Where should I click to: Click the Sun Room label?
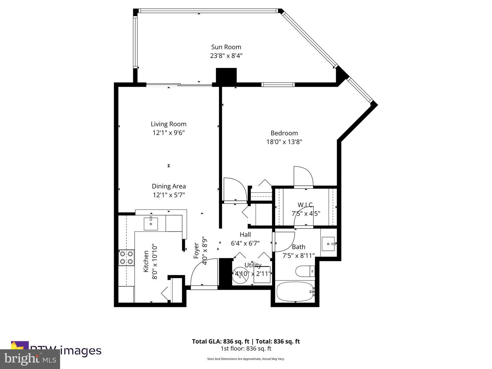[226, 47]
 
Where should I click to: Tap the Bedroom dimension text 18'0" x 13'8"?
[284, 142]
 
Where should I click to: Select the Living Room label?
[169, 124]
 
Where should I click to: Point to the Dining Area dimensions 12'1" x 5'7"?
[169, 195]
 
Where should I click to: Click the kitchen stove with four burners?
[126, 258]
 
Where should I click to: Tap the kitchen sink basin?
[151, 223]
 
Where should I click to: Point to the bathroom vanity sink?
[329, 244]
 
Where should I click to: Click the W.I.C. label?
[305, 205]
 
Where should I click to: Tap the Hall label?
[245, 235]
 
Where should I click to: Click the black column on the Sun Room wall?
[226, 76]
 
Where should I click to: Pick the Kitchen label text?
[146, 261]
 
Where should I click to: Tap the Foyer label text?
[196, 250]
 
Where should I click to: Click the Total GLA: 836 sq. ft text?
[220, 341]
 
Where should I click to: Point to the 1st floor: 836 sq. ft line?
[246, 349]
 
